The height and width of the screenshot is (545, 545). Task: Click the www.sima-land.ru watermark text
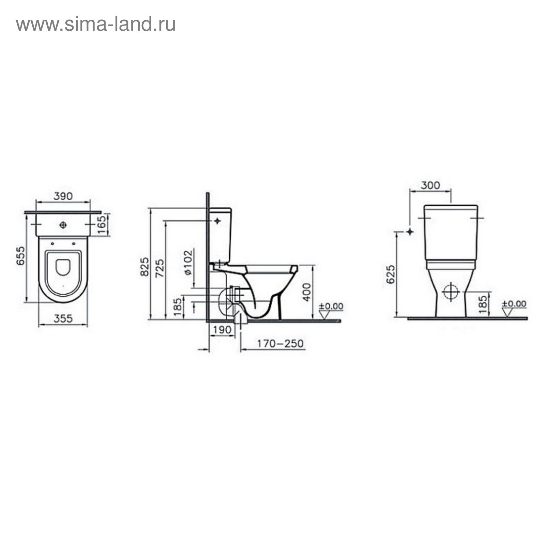(96, 25)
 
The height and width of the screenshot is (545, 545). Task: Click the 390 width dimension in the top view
(63, 196)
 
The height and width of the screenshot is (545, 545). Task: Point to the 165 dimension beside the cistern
(103, 224)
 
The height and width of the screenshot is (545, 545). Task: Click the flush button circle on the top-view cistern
(63, 225)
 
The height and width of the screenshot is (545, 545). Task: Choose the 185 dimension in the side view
(177, 307)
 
